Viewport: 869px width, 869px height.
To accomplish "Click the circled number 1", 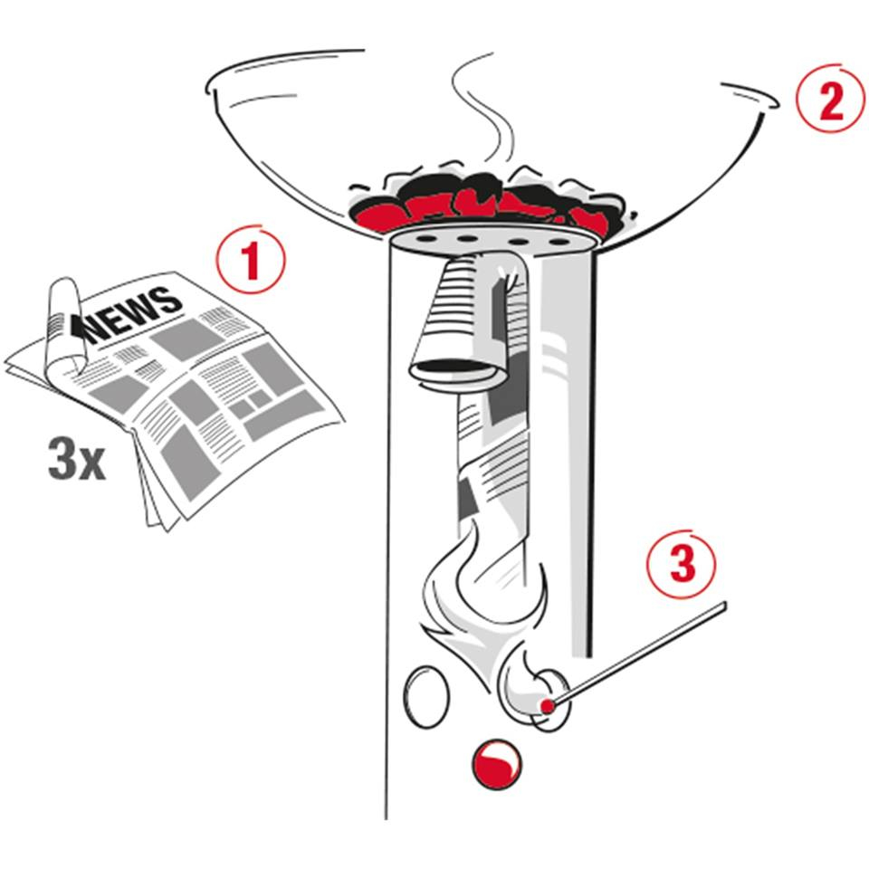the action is (x=251, y=260).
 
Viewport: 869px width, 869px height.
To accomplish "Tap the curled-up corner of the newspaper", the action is (x=63, y=327).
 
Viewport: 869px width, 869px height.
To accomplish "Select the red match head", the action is (x=548, y=706).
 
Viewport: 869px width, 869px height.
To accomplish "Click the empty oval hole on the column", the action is (x=426, y=697).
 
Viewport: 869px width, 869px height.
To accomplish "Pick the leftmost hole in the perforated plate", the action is (x=426, y=239).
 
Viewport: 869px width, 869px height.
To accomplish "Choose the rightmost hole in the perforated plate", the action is (x=559, y=243).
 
